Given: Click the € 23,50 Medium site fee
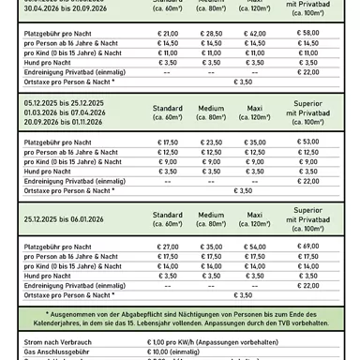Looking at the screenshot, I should (x=217, y=141).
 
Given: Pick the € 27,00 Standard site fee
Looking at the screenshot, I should (x=168, y=245).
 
